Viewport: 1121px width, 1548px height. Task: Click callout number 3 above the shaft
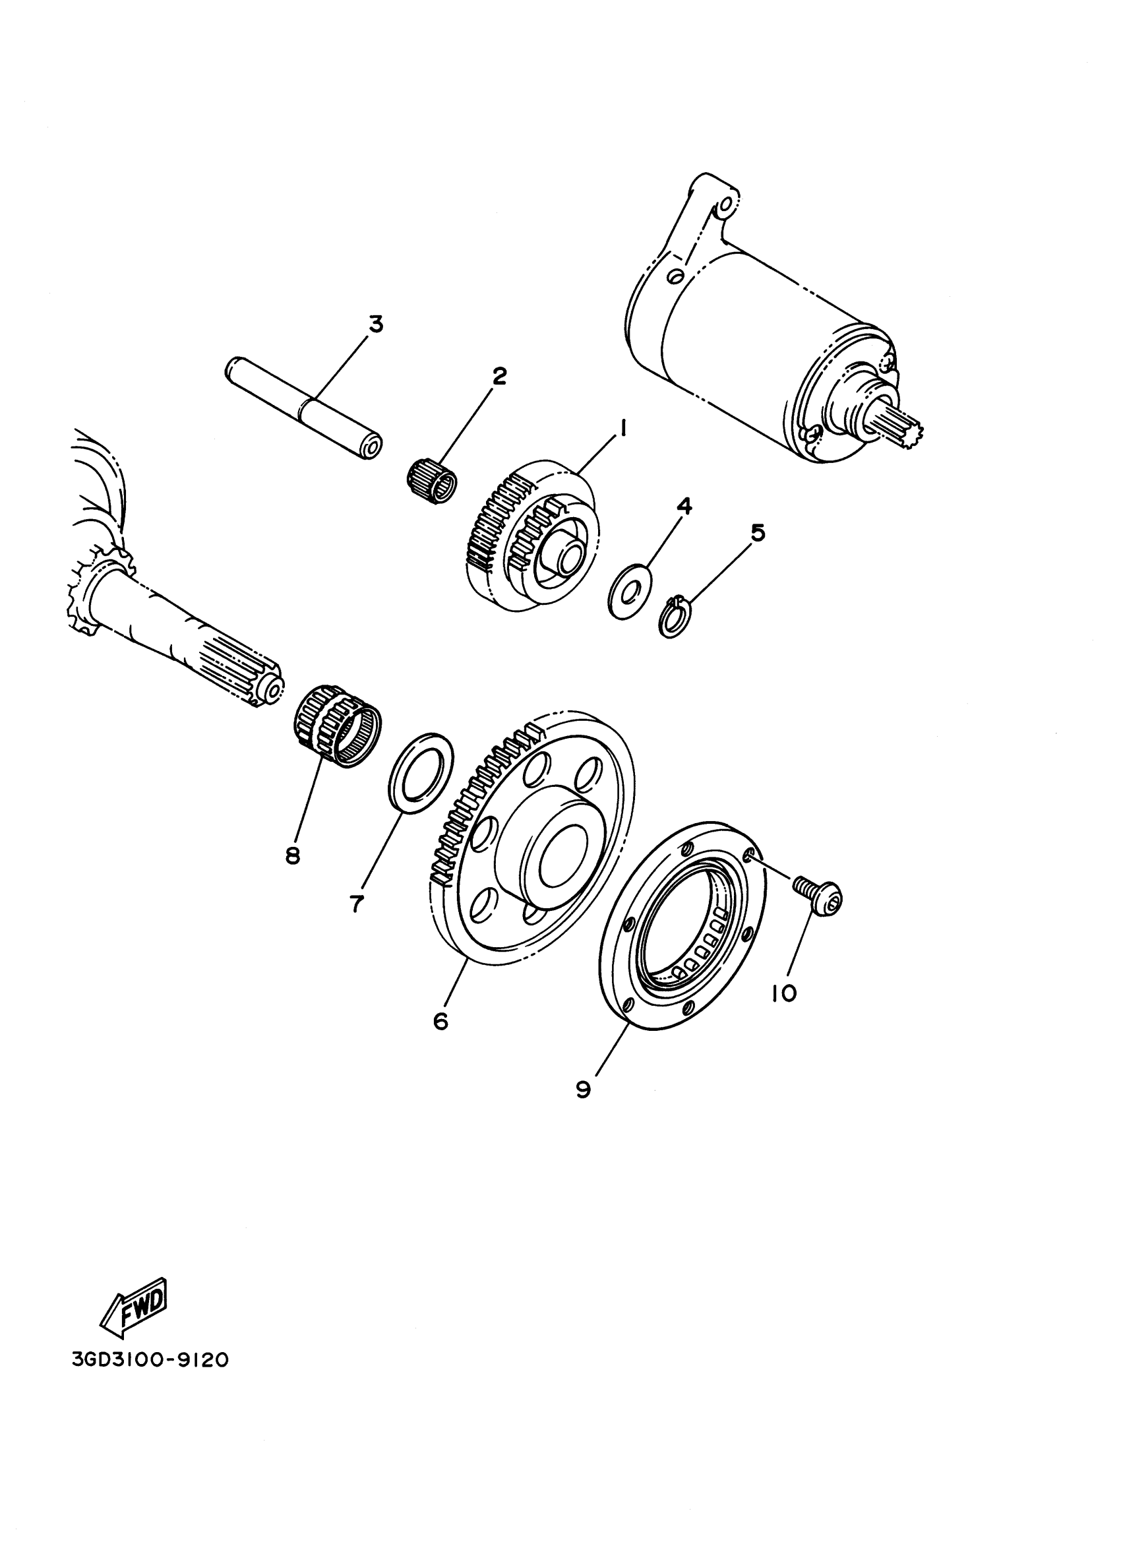[375, 325]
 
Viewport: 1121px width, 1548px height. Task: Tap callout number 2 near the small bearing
[499, 375]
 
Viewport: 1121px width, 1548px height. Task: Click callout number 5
[758, 532]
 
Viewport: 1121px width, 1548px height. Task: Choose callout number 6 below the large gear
[440, 1040]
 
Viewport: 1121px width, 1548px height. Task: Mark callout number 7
[356, 904]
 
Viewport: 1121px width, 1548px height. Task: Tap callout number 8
[293, 856]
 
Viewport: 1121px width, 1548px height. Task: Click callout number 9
[583, 1090]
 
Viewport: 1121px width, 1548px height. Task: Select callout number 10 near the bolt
[784, 995]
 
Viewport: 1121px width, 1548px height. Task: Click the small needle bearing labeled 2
[433, 482]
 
